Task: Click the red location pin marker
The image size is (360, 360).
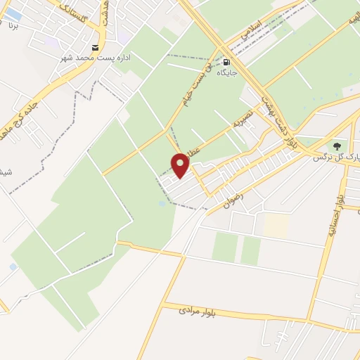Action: point(181,165)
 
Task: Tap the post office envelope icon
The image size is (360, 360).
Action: point(96,46)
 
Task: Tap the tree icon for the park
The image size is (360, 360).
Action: point(337,146)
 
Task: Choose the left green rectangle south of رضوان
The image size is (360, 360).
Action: point(225,247)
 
